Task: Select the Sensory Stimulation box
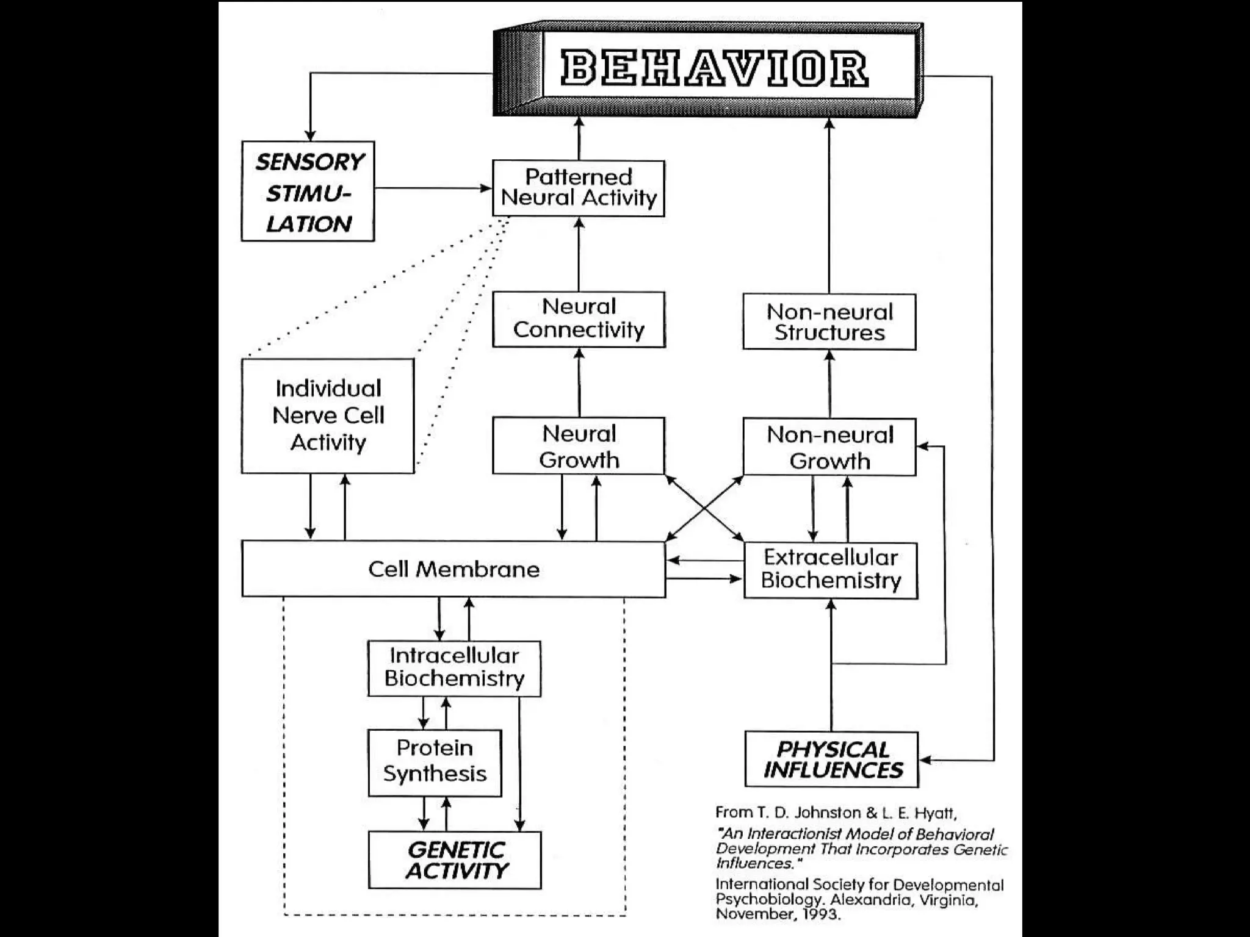coord(308,192)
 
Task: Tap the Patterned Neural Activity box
coord(578,188)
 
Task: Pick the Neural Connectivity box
coord(579,319)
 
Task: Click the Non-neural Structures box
coord(829,322)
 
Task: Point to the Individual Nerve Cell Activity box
coord(328,415)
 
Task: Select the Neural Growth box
coord(579,446)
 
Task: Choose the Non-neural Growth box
coord(829,447)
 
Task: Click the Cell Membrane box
coord(453,569)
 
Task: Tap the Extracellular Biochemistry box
coord(831,570)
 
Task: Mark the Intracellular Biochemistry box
coord(454,668)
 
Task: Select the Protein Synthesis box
coord(435,763)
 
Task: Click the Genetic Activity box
coord(455,860)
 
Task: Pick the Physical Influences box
coord(832,759)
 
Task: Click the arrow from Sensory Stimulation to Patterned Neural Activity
coord(433,188)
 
